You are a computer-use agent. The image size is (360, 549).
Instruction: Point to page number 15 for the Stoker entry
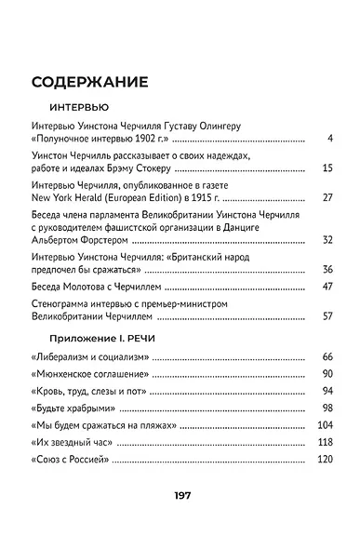[327, 168]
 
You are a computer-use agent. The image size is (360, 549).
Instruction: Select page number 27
[327, 197]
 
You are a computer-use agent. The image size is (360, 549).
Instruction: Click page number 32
[327, 240]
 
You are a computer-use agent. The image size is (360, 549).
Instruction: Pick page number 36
[327, 269]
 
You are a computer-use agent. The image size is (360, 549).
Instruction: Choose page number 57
[327, 315]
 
